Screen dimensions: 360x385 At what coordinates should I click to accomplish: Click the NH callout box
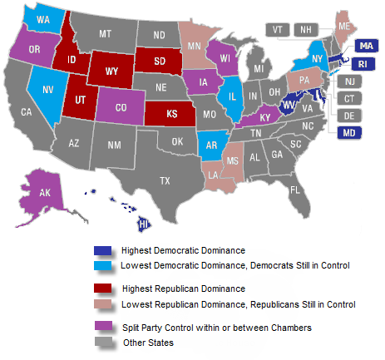click(306, 29)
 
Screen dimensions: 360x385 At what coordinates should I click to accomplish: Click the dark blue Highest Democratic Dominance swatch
click(103, 250)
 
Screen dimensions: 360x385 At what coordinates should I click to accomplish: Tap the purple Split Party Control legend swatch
click(103, 328)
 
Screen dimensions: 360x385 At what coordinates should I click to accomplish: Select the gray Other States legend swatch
click(103, 343)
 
